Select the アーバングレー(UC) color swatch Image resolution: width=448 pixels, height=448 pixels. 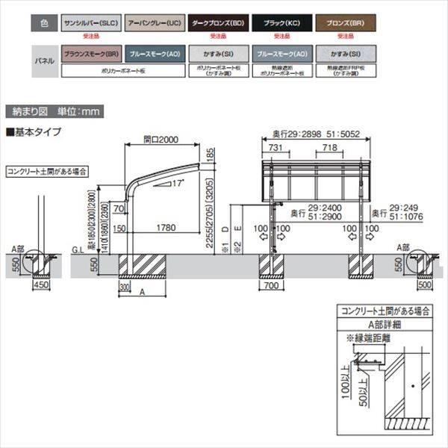[152, 24]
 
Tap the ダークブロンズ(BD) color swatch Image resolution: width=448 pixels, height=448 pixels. [216, 24]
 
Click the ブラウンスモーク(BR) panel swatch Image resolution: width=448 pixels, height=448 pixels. [90, 55]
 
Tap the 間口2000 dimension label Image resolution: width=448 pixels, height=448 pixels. [161, 140]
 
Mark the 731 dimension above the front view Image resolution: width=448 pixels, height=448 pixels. [275, 149]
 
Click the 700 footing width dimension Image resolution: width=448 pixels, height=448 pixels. [271, 284]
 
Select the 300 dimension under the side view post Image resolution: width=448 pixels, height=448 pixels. [124, 286]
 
